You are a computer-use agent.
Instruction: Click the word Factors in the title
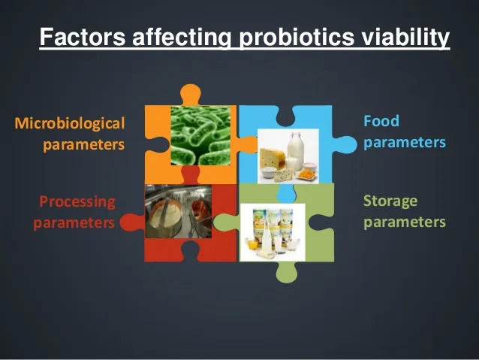click(83, 37)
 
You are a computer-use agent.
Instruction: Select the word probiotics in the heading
click(297, 38)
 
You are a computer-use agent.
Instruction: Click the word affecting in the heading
click(182, 38)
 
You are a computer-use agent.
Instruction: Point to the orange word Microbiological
click(70, 123)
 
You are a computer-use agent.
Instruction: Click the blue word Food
click(381, 121)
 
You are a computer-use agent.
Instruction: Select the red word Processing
click(77, 202)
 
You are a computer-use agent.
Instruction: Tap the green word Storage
click(390, 201)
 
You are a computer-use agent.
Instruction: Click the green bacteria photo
click(200, 135)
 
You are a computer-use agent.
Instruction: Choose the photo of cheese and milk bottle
click(288, 156)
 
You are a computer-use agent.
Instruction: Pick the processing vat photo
click(179, 211)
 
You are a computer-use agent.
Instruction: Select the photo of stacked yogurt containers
click(273, 232)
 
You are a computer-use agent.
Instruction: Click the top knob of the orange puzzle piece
click(190, 93)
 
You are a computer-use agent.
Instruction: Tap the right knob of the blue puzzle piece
click(345, 144)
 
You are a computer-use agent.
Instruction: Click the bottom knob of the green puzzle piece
click(286, 272)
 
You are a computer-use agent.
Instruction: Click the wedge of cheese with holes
click(272, 158)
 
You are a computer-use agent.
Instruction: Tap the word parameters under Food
click(405, 143)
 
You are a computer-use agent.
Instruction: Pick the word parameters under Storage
click(405, 222)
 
